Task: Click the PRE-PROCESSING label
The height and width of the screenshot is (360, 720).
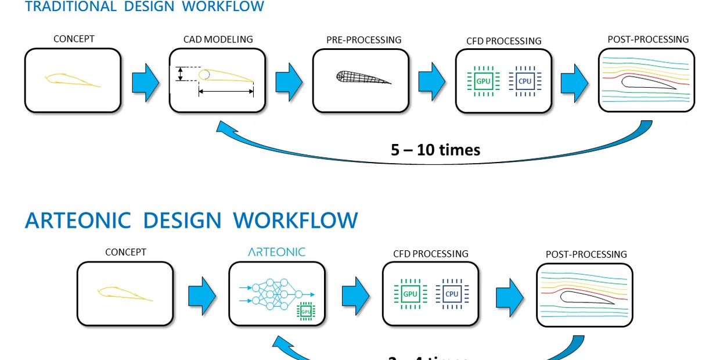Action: point(363,40)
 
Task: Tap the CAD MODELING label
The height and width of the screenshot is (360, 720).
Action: point(218,39)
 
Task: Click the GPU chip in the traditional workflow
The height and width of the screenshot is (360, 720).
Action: point(483,81)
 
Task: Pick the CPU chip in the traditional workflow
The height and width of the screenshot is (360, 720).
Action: point(524,81)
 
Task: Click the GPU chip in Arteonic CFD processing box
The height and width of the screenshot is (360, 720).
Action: point(410,294)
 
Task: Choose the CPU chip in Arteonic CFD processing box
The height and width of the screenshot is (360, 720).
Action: point(452,294)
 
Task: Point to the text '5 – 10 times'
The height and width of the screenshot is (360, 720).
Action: point(435,150)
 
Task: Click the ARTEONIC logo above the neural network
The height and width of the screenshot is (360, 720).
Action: point(276,252)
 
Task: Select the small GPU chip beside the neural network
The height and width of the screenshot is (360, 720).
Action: point(305,312)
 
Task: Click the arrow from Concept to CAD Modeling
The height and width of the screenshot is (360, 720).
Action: point(145,81)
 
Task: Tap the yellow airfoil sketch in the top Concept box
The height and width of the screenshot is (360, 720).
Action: point(72,80)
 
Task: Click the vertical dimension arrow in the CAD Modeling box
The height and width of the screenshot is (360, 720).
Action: point(180,74)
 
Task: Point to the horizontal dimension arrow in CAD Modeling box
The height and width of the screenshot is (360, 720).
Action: point(226,91)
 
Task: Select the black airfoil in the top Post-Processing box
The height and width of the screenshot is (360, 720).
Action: point(647,83)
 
